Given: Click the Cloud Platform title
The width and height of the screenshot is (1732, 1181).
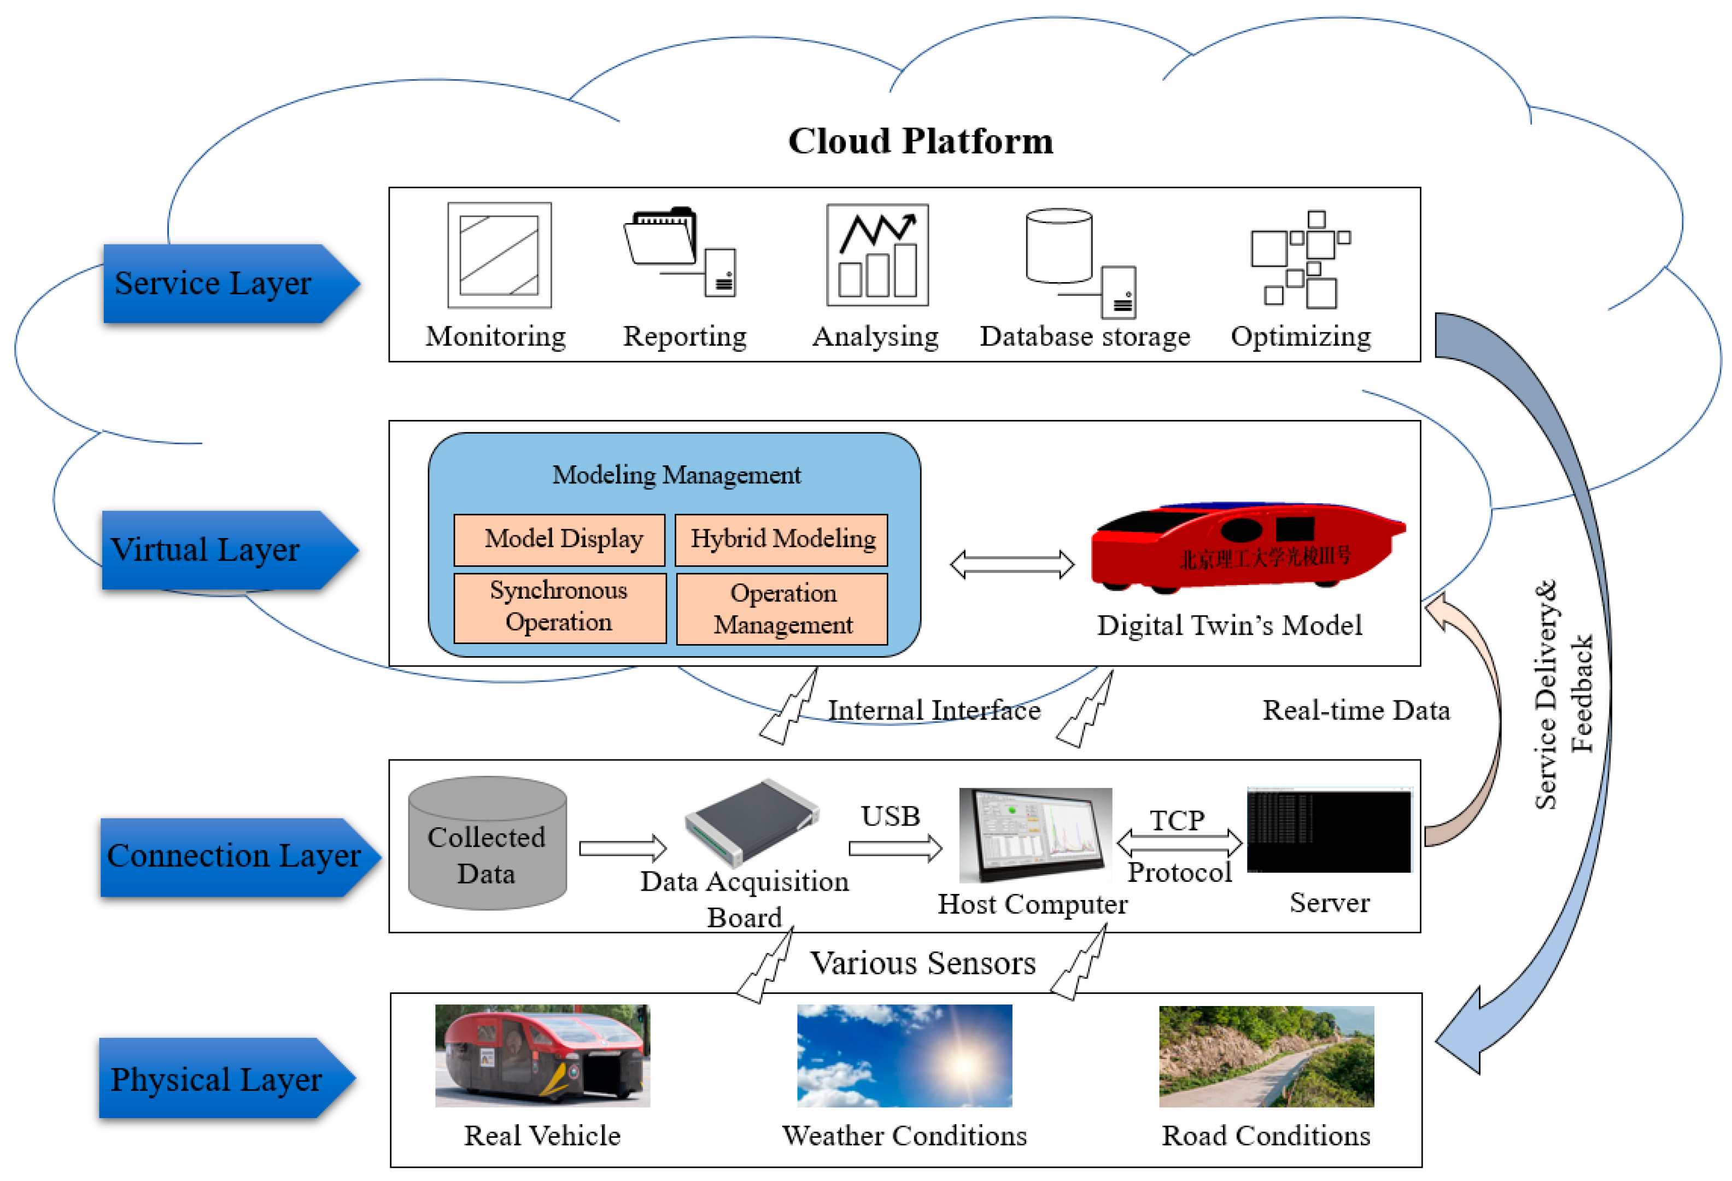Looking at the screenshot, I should tap(921, 141).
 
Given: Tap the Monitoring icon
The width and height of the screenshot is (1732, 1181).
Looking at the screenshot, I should tap(499, 255).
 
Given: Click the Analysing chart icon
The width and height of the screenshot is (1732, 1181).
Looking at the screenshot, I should tap(877, 255).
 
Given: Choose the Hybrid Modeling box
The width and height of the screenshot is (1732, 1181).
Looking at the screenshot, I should tap(781, 539).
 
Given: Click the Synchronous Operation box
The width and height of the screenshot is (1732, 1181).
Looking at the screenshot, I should tap(559, 606).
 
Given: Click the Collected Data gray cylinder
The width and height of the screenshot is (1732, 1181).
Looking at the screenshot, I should tap(487, 844).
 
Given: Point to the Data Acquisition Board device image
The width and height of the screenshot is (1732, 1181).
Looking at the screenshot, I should tap(751, 822).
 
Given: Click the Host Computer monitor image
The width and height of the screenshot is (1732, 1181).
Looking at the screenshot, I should tap(1034, 834).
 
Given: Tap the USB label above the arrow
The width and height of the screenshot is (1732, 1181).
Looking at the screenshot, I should tap(890, 816).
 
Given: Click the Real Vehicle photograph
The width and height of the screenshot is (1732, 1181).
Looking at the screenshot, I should tap(542, 1055).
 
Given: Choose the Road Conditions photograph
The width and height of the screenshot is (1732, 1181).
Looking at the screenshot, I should tap(1266, 1056).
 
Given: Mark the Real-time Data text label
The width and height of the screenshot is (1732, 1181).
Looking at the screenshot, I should tap(1356, 710).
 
